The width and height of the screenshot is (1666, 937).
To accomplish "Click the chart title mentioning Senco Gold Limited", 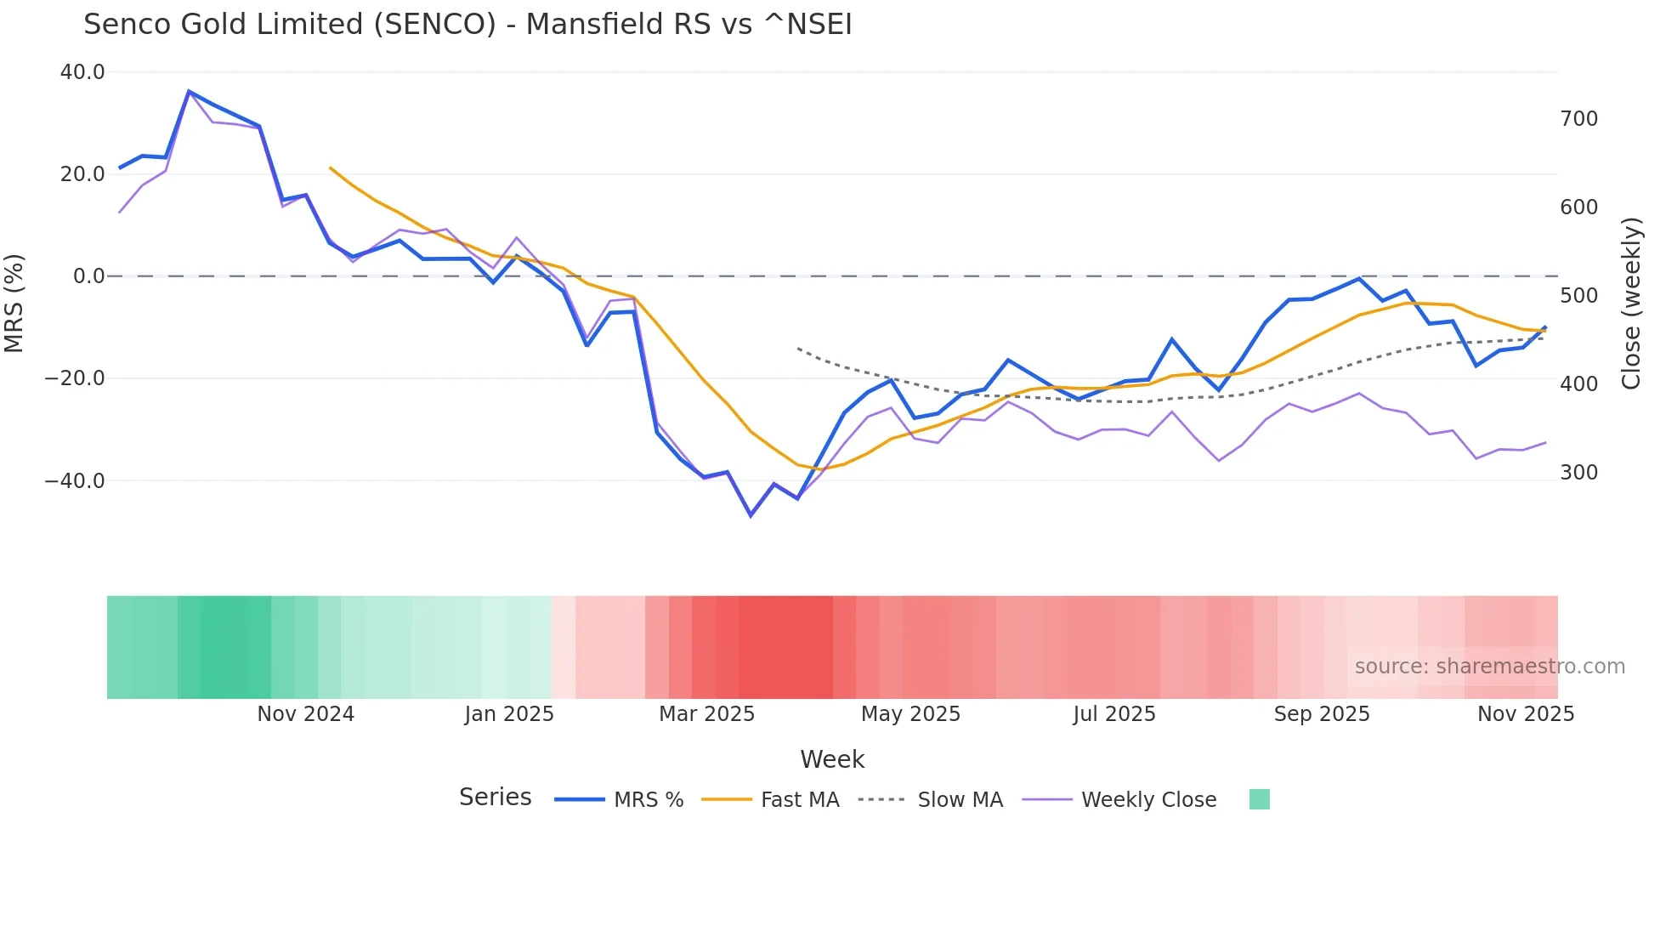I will [x=467, y=25].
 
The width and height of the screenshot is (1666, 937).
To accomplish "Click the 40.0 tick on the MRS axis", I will [x=82, y=72].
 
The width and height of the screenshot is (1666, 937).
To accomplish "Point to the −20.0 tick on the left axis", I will [x=76, y=378].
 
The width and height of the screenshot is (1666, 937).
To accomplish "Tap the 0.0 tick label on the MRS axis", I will [x=88, y=276].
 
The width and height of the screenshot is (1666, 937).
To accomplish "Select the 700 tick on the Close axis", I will [x=1578, y=119].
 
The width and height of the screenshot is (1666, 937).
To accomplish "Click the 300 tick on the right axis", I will [x=1578, y=473].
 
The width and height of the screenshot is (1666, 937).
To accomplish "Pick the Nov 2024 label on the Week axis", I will [x=305, y=714].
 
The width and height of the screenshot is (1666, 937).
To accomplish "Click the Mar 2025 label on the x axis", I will [x=706, y=714].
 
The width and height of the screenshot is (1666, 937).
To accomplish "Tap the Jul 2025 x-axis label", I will [x=1113, y=714].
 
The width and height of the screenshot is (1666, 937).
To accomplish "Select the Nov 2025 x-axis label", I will [x=1525, y=714].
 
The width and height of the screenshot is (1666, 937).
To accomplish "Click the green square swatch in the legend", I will [x=1259, y=799].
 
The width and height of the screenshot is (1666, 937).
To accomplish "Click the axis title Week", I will [x=831, y=759].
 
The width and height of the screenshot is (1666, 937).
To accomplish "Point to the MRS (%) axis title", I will [x=14, y=303].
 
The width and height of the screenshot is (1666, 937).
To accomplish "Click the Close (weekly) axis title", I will [x=1630, y=303].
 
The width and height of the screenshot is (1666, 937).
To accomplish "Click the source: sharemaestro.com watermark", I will [x=1489, y=667].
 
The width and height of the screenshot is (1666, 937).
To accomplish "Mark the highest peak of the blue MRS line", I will [x=189, y=91].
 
